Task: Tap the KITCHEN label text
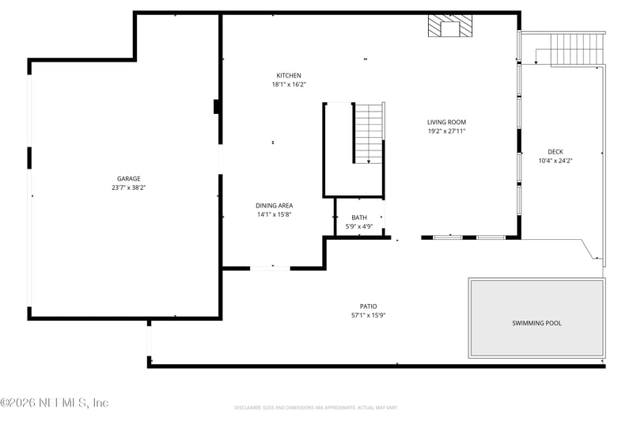click(x=288, y=75)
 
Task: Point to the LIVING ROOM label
click(x=446, y=122)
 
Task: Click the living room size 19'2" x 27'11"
click(x=446, y=131)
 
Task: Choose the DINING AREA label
click(x=274, y=205)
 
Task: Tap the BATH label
click(x=359, y=218)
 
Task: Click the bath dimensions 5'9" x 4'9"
click(x=359, y=226)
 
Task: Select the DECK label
click(x=555, y=152)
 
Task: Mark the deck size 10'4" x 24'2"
click(x=555, y=161)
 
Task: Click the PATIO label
click(x=369, y=306)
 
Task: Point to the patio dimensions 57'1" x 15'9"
click(x=369, y=315)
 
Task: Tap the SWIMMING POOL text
click(x=536, y=323)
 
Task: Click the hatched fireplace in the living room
click(x=449, y=26)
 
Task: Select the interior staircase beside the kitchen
click(x=368, y=133)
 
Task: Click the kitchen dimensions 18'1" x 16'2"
click(x=288, y=84)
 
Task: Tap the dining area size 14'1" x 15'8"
click(x=274, y=215)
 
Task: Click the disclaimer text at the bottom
click(x=316, y=408)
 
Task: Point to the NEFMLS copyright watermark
click(x=55, y=403)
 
